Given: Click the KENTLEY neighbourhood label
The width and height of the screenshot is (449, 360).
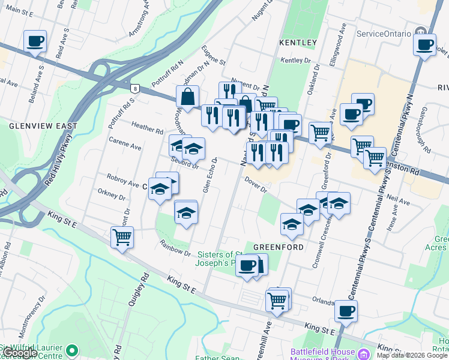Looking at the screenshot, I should [x=298, y=43].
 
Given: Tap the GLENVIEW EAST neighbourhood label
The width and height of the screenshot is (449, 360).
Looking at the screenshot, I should [x=43, y=126].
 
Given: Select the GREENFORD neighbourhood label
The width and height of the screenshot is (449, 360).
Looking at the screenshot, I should [x=276, y=247].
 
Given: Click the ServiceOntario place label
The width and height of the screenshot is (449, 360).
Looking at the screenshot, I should [x=384, y=33].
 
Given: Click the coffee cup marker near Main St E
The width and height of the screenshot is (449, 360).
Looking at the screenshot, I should [x=35, y=42].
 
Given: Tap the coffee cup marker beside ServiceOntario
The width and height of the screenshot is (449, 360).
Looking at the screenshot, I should [x=426, y=44].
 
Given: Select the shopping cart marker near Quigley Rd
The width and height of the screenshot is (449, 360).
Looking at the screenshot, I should [x=122, y=237].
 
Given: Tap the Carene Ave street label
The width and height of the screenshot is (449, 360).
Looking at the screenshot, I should [x=125, y=144].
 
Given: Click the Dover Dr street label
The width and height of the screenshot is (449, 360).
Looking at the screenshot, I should [x=255, y=185].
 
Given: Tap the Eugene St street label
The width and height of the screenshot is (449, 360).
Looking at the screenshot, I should [x=213, y=57].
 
